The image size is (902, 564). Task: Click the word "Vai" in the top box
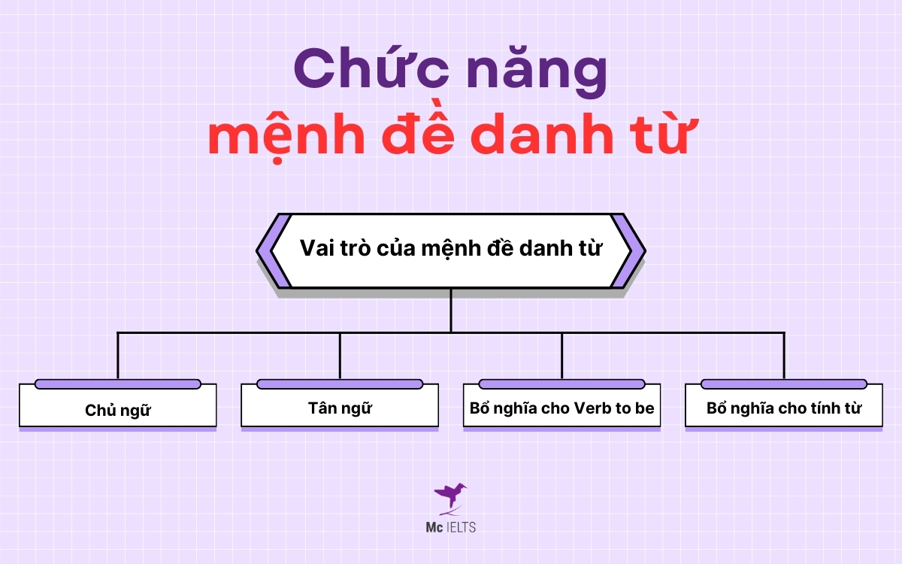[316, 249]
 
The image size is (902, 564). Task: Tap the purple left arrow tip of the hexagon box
[263, 250]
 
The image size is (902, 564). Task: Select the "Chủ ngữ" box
[118, 410]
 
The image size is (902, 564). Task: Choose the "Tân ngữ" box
[340, 408]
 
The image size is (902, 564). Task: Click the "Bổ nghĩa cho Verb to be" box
[561, 409]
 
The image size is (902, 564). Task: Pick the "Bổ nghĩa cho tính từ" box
[784, 408]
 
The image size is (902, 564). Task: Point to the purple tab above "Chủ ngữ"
[118, 384]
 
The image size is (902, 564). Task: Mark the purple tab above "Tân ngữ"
[340, 384]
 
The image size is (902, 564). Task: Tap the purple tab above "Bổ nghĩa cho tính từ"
[784, 384]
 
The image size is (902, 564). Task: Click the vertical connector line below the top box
[451, 310]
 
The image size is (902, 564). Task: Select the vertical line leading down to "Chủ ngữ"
[118, 355]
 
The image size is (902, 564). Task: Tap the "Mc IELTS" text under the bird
[450, 526]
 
